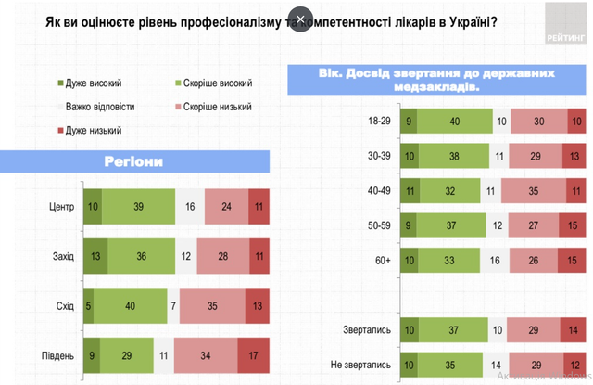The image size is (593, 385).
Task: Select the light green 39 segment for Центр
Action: click(137, 207)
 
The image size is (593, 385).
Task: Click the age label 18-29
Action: click(381, 122)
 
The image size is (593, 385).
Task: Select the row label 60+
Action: click(383, 261)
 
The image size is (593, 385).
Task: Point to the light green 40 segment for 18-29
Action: click(454, 122)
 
